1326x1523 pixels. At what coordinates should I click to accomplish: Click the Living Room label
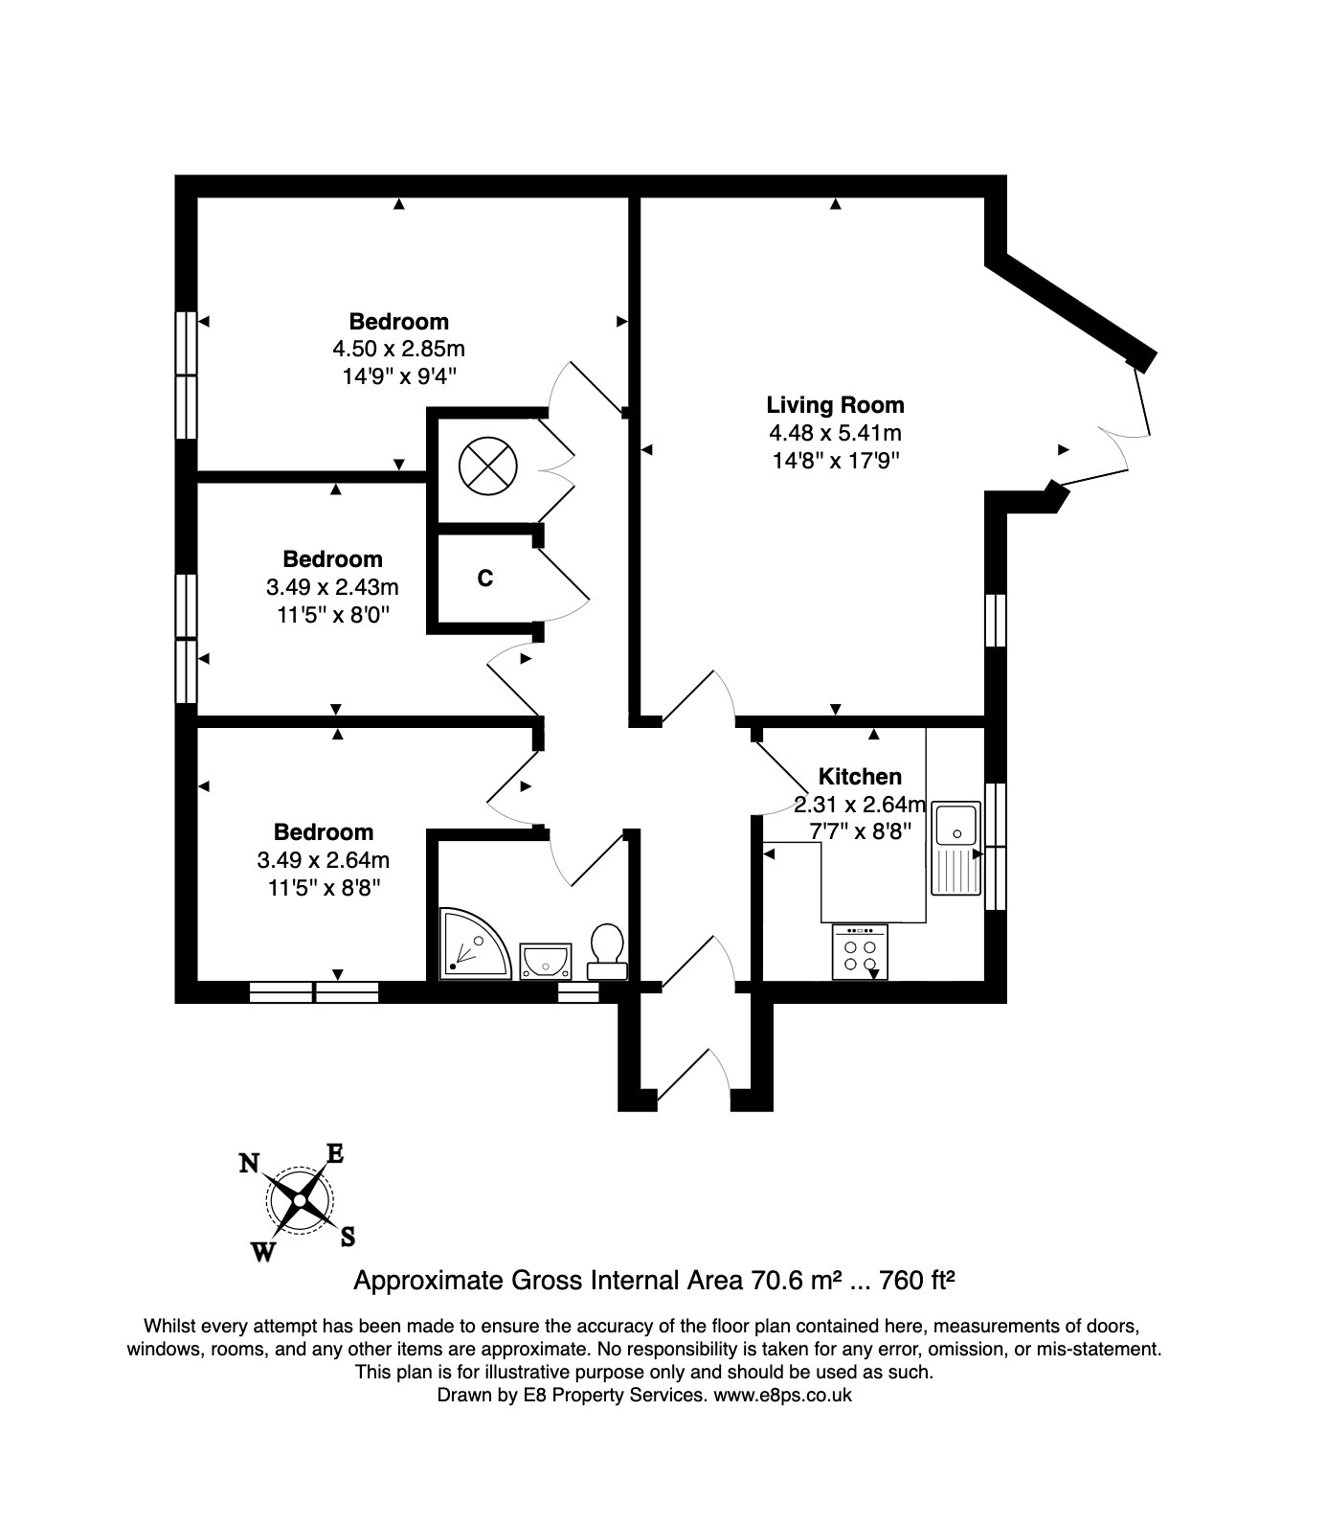point(835,405)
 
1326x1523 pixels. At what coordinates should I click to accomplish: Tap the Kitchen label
point(860,777)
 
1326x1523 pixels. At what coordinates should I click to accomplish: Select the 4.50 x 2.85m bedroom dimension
point(398,349)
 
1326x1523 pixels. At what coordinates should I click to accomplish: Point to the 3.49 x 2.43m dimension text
point(332,586)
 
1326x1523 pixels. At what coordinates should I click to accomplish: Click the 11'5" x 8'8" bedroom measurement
point(324,887)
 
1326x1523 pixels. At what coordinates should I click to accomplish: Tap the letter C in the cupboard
point(485,579)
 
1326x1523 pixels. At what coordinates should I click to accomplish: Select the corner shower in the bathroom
point(476,944)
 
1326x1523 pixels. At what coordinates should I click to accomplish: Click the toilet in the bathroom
point(606,951)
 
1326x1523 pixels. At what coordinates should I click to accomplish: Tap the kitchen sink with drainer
point(957,848)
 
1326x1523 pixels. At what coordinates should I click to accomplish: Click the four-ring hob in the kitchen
point(860,952)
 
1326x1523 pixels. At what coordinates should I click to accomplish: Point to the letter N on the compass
point(249,1163)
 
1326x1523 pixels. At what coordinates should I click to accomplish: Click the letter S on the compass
point(348,1237)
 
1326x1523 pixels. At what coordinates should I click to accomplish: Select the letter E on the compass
point(335,1153)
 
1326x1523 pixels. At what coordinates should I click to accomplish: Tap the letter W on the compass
point(264,1251)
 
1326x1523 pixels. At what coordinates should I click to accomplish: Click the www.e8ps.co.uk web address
point(782,1395)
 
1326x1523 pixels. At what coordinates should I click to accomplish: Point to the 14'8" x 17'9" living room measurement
point(836,460)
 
